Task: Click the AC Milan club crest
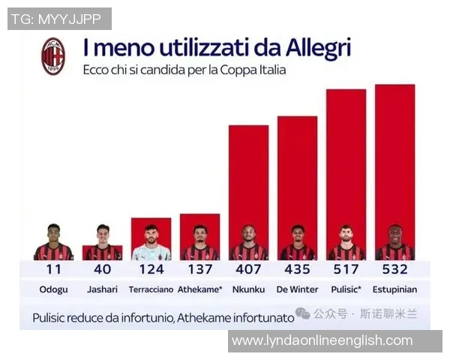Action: (x=52, y=56)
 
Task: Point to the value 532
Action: (x=394, y=269)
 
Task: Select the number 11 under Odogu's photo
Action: (x=53, y=269)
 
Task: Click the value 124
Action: (x=151, y=269)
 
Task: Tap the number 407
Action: (x=248, y=269)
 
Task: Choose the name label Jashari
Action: (x=102, y=289)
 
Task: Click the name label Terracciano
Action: (x=151, y=289)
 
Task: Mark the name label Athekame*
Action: (x=199, y=289)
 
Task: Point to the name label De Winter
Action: (x=297, y=289)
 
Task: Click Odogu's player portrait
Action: (x=53, y=242)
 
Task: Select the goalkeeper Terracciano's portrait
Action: (x=151, y=242)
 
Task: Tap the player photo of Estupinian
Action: (x=394, y=242)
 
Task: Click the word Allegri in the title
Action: (x=318, y=49)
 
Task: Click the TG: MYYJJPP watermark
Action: (x=60, y=19)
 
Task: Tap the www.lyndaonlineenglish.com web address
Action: (x=322, y=340)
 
